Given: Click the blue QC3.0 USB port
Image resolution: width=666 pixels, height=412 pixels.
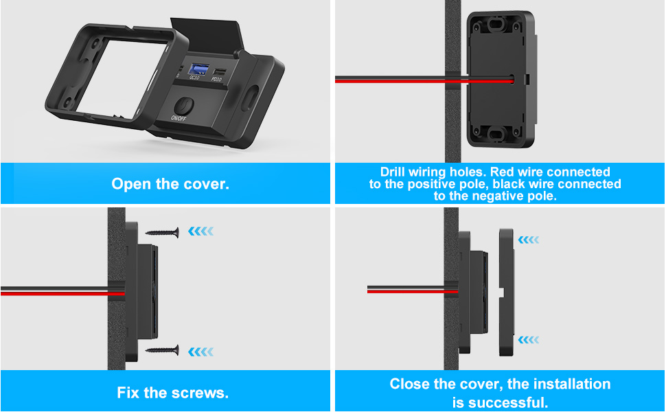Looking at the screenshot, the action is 198,69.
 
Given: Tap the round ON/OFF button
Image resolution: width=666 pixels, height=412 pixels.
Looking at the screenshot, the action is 184,106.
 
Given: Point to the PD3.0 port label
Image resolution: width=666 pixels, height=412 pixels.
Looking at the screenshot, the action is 216,79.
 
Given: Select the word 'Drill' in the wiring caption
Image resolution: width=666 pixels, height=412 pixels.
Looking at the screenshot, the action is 393,172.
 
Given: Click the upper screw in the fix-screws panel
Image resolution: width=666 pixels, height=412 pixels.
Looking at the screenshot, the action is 162,232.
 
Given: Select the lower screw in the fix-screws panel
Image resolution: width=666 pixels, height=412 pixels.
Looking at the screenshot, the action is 162,350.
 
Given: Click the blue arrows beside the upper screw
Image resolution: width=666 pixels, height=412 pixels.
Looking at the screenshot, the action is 201,231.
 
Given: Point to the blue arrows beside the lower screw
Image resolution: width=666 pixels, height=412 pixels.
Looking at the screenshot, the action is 201,352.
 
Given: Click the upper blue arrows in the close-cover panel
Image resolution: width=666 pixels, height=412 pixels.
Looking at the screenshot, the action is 529,240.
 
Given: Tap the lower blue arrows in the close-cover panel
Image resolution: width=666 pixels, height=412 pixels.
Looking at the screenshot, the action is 529,340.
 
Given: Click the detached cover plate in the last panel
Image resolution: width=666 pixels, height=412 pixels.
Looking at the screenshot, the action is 507,293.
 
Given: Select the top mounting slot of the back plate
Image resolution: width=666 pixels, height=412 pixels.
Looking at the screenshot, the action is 496,24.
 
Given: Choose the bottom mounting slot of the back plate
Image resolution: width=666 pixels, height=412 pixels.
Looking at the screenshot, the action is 496,133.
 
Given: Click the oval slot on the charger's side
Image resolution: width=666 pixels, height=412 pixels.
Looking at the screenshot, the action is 251,98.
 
